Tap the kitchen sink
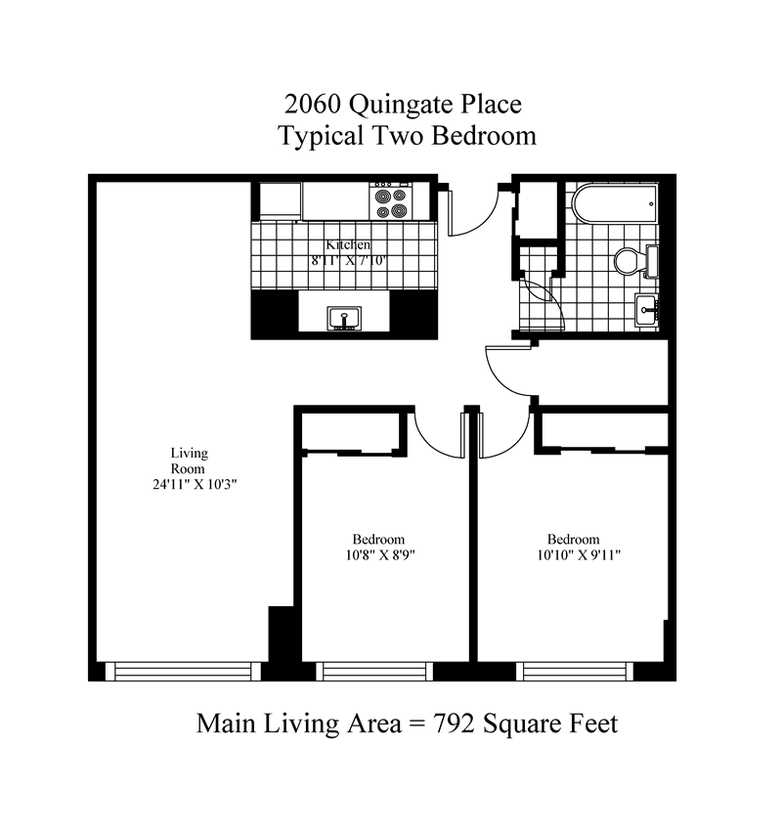point(342,318)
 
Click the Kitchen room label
point(348,245)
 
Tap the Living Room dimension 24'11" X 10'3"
point(189,485)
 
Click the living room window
point(185,671)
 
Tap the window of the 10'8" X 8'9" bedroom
point(377,671)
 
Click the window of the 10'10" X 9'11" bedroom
point(574,671)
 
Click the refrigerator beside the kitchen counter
point(280,200)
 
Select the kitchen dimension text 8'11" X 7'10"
point(348,261)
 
